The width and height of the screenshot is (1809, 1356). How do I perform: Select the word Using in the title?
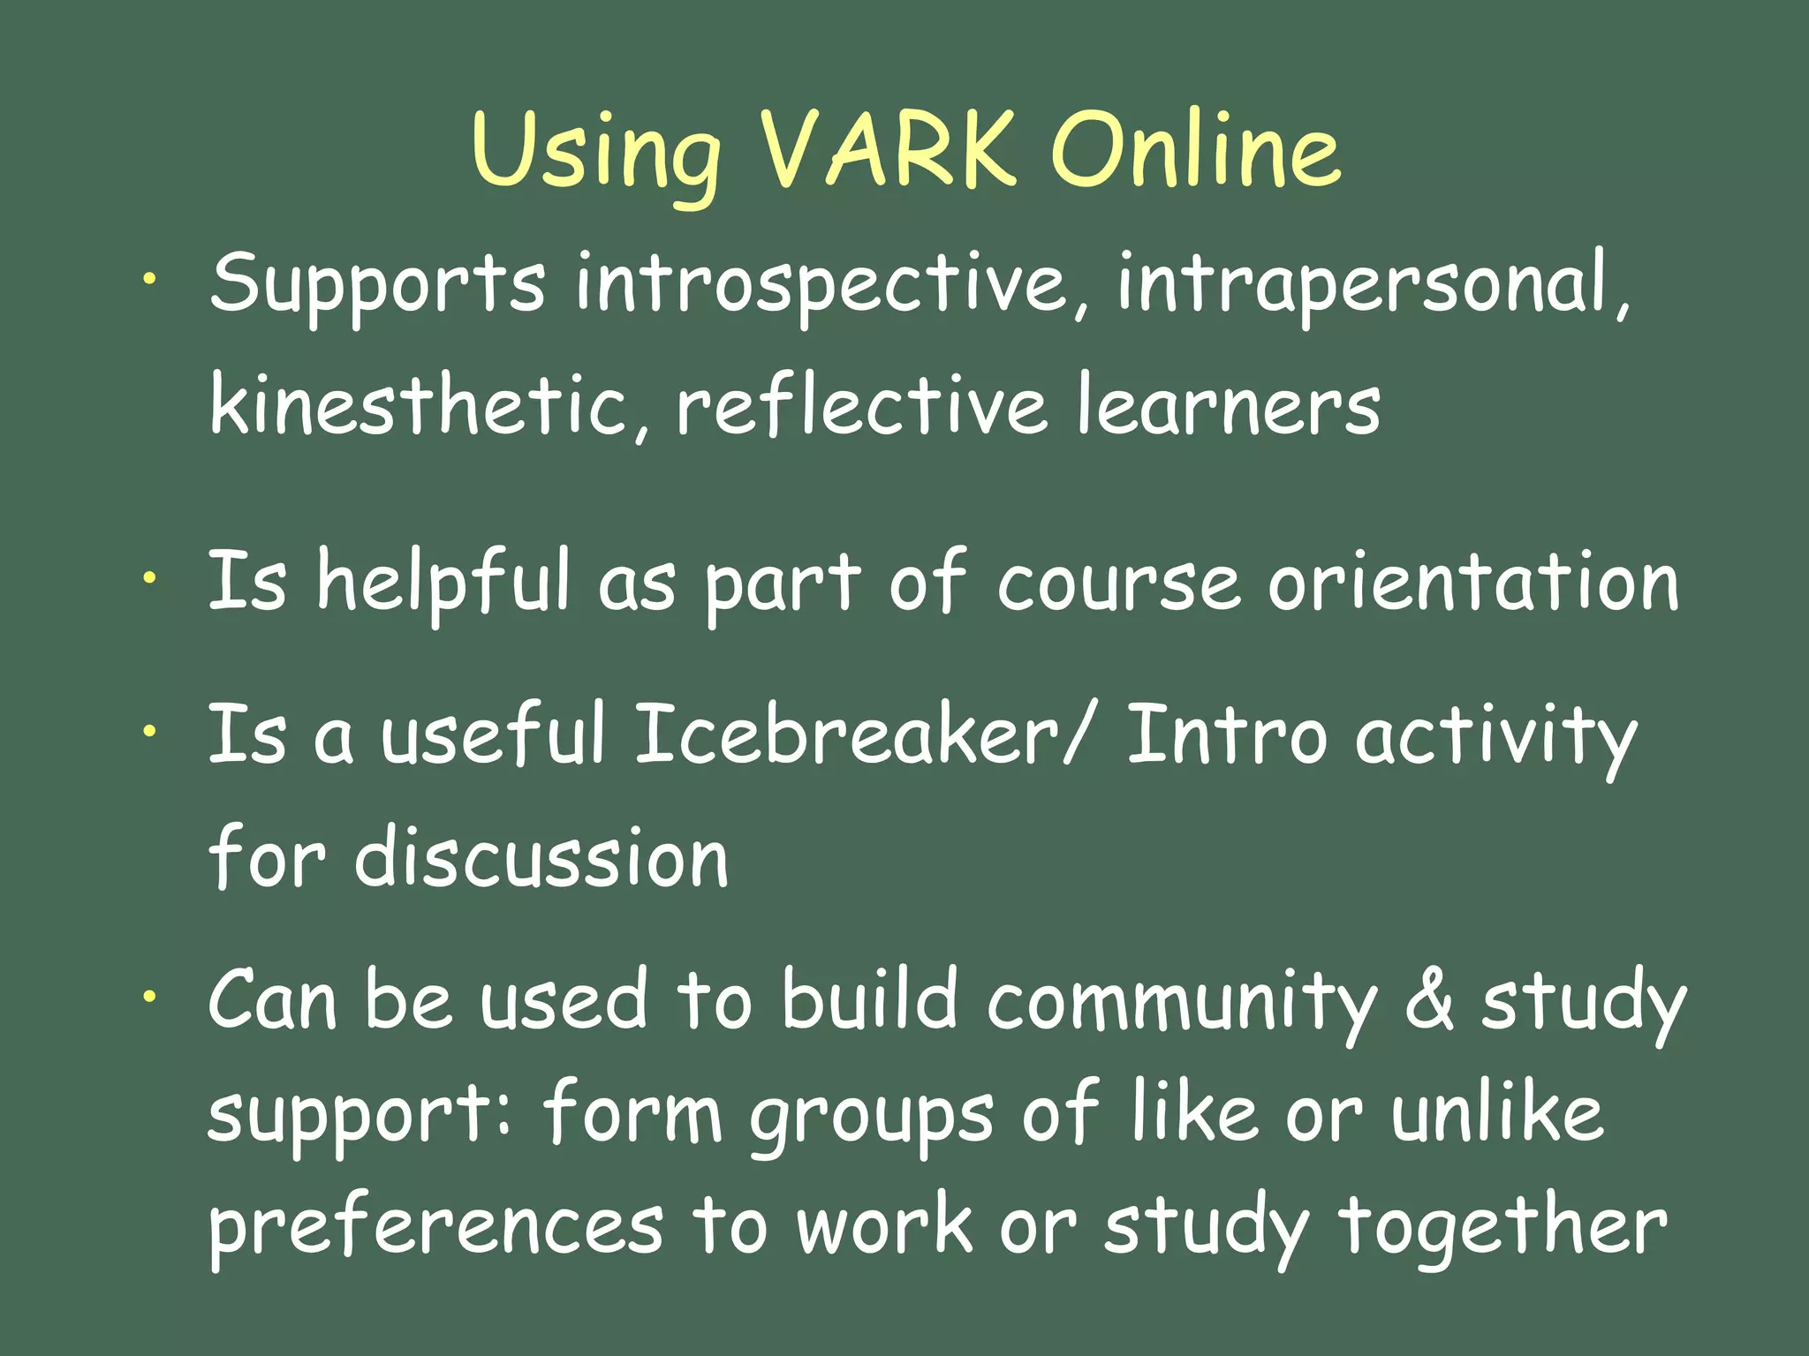pos(596,152)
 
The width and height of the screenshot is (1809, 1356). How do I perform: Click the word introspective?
pos(821,284)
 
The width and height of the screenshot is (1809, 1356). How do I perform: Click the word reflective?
pos(861,405)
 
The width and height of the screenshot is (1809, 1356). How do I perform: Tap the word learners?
pos(1228,407)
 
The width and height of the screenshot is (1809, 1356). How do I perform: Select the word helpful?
pos(444,583)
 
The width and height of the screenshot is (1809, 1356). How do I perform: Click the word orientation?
pos(1473,583)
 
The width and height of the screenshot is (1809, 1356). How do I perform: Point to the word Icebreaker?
pos(846,734)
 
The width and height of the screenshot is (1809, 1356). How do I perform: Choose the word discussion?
pos(541,857)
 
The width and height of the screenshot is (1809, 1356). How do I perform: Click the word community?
pos(1182,1002)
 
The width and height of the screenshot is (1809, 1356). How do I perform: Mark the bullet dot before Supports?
pos(151,279)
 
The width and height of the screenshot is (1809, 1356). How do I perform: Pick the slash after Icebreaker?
pos(1077,734)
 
